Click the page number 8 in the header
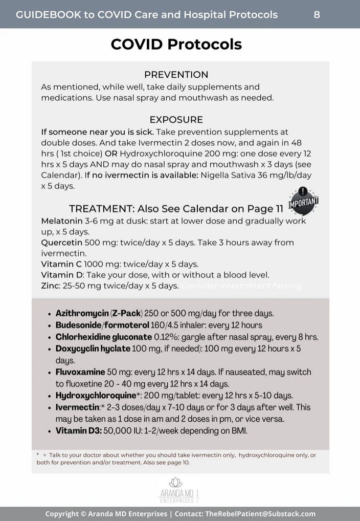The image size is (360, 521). (317, 14)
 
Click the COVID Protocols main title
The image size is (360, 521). (176, 45)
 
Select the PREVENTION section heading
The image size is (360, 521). (176, 75)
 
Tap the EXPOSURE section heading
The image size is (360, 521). (176, 120)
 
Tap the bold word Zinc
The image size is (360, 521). (51, 286)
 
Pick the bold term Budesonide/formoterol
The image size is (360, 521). (102, 325)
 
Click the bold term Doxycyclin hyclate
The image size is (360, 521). (93, 349)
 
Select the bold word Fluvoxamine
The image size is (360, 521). (80, 372)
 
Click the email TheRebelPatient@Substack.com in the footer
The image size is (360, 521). (260, 514)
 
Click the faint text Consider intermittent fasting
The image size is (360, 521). (241, 286)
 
